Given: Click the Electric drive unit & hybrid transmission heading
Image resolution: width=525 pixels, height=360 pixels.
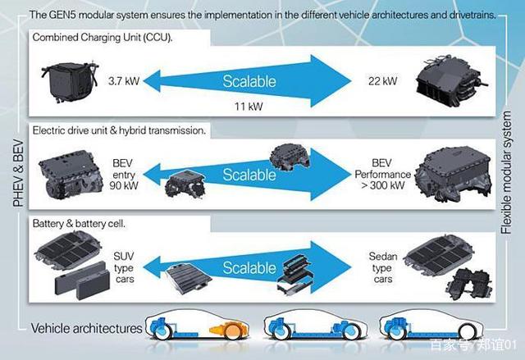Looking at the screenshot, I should tap(119, 130).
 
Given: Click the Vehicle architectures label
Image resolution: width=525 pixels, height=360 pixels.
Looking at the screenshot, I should tap(86, 328).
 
